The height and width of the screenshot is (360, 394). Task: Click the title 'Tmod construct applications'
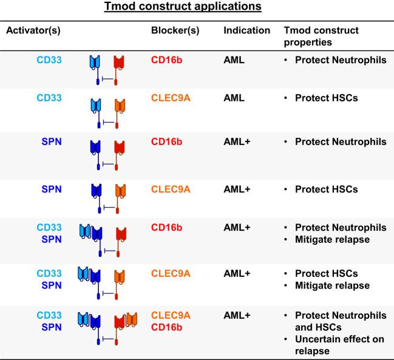[x=183, y=7]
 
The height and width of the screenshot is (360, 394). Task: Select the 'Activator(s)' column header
[x=33, y=30]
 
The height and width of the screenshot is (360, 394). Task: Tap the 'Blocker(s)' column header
[x=175, y=30]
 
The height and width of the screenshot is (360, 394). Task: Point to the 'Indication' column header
[x=246, y=30]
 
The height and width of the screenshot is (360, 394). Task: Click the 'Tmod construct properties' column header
[x=321, y=36]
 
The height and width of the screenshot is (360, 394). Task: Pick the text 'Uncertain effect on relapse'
[x=339, y=345]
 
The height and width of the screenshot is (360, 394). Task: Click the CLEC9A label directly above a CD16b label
[x=171, y=315]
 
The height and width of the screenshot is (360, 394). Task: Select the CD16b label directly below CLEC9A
[x=166, y=327]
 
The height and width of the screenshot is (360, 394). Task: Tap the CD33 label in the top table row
[x=49, y=59]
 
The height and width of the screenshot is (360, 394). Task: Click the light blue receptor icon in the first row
[x=95, y=62]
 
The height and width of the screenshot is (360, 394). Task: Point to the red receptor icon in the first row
[x=119, y=62]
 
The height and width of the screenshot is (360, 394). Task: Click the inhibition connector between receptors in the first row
[x=107, y=79]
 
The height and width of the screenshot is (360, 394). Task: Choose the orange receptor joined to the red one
[x=132, y=319]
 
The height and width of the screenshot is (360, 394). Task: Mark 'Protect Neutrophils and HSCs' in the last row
[x=341, y=321]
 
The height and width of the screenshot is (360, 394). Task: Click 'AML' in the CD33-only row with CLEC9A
[x=234, y=98]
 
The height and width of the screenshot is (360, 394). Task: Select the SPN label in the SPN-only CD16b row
[x=52, y=141]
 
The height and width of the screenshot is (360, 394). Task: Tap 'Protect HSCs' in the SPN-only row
[x=327, y=189]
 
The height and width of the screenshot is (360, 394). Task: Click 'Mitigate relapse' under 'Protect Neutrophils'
[x=332, y=239]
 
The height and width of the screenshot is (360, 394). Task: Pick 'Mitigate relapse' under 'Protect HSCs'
[x=332, y=285]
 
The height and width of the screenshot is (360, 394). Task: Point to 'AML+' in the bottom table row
[x=237, y=315]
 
